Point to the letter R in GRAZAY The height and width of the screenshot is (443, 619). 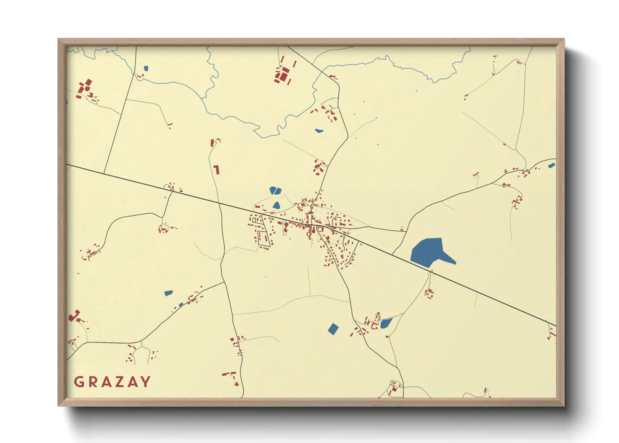91,382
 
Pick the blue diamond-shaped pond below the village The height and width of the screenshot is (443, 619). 333,329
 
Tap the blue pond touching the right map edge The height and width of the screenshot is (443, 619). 552,165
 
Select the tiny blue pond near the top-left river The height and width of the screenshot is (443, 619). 146,68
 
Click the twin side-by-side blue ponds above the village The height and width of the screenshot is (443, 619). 275,191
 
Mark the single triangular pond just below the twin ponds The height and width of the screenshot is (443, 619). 276,205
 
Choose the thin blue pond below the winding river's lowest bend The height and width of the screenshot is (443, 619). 319,131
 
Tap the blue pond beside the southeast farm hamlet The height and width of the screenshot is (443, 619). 386,323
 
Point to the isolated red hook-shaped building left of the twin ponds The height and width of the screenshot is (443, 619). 216,170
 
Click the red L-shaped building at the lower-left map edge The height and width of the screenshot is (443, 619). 74,316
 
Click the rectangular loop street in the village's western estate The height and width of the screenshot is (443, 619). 263,238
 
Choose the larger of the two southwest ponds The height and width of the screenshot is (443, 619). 168,293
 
